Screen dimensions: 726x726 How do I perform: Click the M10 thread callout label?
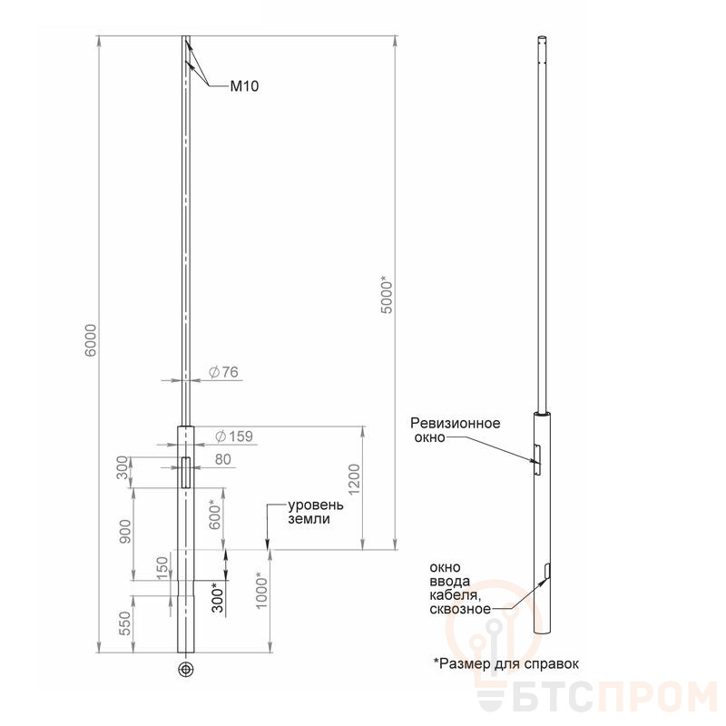pyautogui.click(x=244, y=86)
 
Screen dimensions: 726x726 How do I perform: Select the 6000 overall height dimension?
pyautogui.click(x=92, y=340)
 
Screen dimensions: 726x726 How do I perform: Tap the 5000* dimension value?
pyautogui.click(x=387, y=295)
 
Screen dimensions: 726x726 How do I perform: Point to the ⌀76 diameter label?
pyautogui.click(x=223, y=372)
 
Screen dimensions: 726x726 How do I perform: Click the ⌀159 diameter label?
pyautogui.click(x=234, y=437)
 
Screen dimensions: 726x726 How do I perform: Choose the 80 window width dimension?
pyautogui.click(x=222, y=459)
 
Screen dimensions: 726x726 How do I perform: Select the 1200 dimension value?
pyautogui.click(x=354, y=480)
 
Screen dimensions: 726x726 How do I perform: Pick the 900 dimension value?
pyautogui.click(x=125, y=532)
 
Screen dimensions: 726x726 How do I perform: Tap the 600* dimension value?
pyautogui.click(x=215, y=515)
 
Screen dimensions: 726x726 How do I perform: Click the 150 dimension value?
pyautogui.click(x=162, y=569)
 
